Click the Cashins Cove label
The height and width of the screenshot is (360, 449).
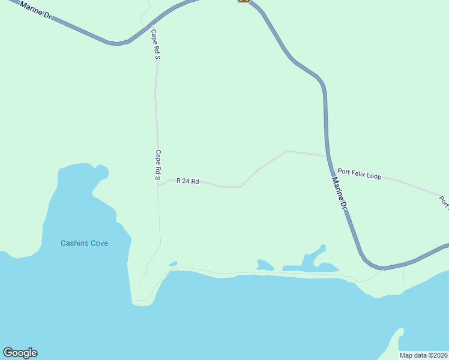pyautogui.click(x=84, y=243)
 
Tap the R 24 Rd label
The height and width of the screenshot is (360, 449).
pyautogui.click(x=187, y=181)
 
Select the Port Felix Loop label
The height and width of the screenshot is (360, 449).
pyautogui.click(x=359, y=174)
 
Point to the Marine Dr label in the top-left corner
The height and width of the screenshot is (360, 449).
pyautogui.click(x=36, y=10)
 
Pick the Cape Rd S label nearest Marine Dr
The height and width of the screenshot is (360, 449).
pyautogui.click(x=155, y=44)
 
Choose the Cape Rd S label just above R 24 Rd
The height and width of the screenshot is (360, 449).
pyautogui.click(x=158, y=165)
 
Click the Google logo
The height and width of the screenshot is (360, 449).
pyautogui.click(x=20, y=353)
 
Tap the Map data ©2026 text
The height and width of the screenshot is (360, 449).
pyautogui.click(x=423, y=355)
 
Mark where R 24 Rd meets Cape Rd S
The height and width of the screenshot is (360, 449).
pyautogui.click(x=158, y=186)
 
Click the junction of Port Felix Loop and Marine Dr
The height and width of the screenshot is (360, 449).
pyautogui.click(x=327, y=156)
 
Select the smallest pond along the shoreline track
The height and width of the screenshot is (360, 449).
pyautogui.click(x=173, y=263)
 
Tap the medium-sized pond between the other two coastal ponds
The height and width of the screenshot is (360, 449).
pyautogui.click(x=265, y=265)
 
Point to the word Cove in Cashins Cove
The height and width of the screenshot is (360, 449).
pyautogui.click(x=99, y=243)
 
